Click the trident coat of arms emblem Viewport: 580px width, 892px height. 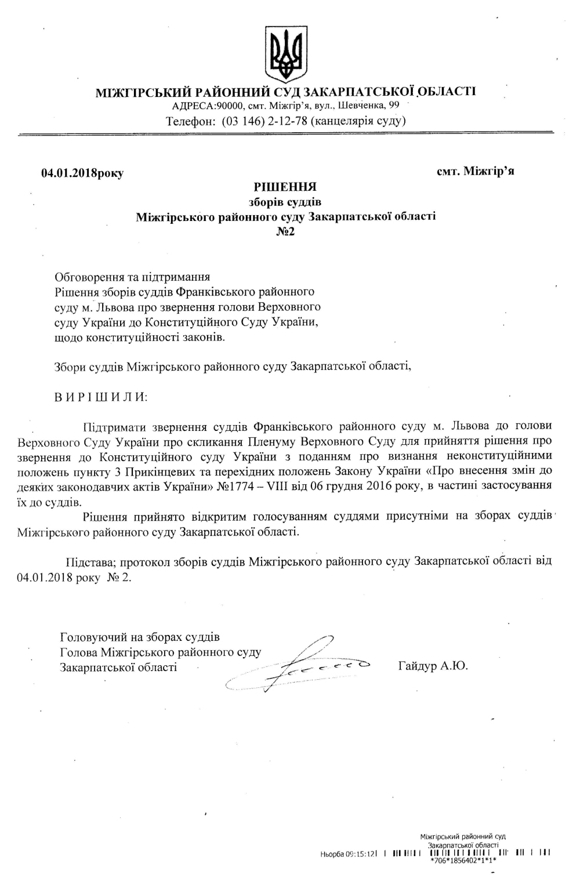coord(285,53)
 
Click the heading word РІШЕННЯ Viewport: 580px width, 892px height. coord(285,187)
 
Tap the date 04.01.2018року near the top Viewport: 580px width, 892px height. coord(82,173)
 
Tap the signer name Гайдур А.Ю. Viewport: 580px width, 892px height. coord(433,666)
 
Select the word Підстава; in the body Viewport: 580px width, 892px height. coord(92,561)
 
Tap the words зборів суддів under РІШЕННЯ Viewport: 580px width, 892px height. coord(285,202)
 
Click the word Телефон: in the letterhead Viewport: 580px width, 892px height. coord(191,121)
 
